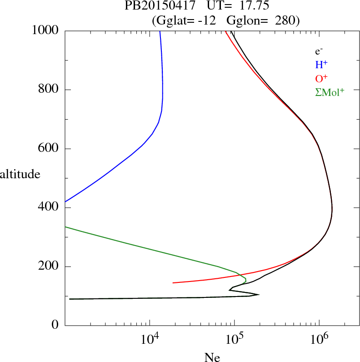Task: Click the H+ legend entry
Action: coord(321,65)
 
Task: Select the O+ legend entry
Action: coord(322,79)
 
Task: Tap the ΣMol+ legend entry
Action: coord(330,92)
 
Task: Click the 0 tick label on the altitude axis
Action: coord(55,326)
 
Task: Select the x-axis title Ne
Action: coord(212,358)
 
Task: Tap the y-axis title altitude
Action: coord(20,174)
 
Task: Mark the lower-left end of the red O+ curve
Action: coord(173,283)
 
